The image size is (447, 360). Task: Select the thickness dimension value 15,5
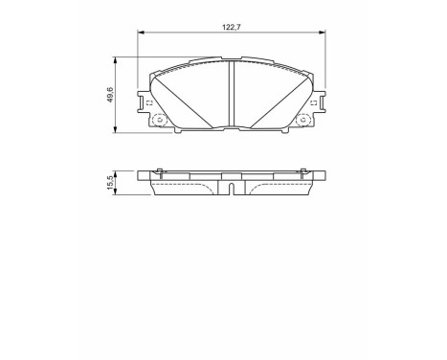(x=111, y=182)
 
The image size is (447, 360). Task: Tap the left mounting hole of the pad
(x=158, y=121)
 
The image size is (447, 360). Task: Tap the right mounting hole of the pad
(x=306, y=121)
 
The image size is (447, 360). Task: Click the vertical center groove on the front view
(x=233, y=94)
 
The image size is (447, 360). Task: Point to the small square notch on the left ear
(x=149, y=101)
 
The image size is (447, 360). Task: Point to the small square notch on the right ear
(x=315, y=101)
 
